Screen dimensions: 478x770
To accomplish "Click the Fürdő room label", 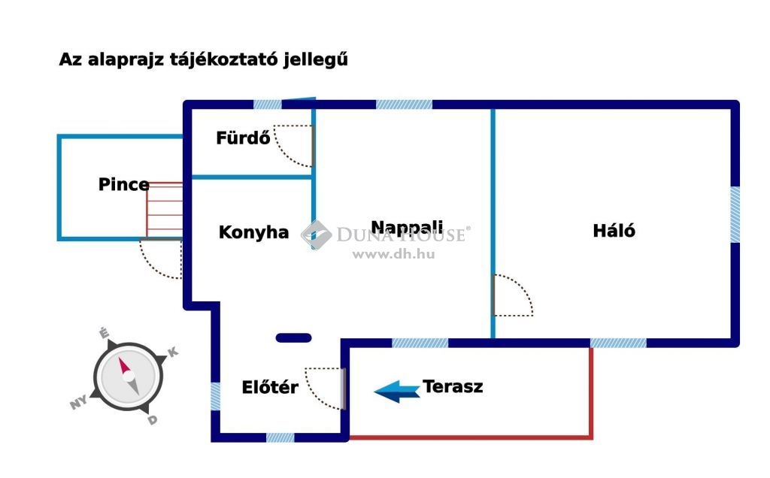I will (x=242, y=138).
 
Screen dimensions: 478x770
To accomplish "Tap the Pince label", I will (x=123, y=184).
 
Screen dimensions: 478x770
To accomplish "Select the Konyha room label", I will (x=253, y=232).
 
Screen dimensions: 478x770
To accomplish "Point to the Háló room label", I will (x=614, y=230).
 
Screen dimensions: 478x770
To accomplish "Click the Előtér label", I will (x=270, y=388).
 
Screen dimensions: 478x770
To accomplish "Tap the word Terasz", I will (x=453, y=387).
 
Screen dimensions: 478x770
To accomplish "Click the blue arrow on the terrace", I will (x=397, y=389).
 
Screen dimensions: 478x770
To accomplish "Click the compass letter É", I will (x=105, y=333).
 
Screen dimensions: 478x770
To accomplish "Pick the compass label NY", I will (x=78, y=404).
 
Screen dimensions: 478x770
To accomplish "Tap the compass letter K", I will (x=172, y=352).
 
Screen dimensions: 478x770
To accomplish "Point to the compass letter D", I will (x=153, y=419).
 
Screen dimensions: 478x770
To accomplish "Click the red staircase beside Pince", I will (x=165, y=210).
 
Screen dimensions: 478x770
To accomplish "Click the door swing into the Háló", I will (x=512, y=295).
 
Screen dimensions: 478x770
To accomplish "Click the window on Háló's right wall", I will (x=735, y=215).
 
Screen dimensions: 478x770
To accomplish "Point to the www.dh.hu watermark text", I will (x=393, y=254).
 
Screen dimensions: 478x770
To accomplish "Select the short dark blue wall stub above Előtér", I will (x=293, y=338).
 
